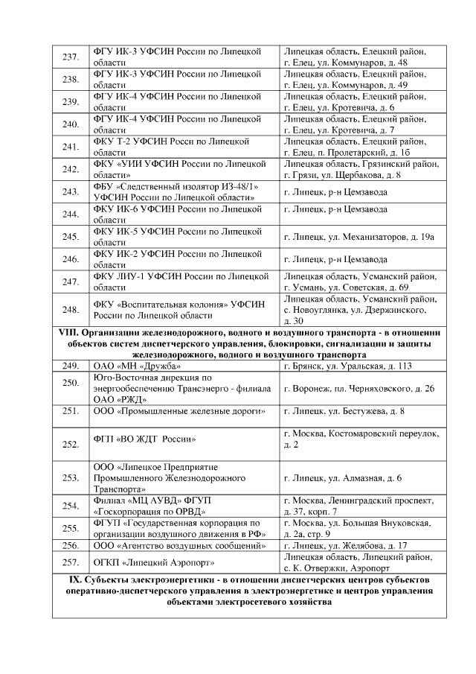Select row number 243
pos(71,191)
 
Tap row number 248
pos(71,309)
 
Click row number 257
pos(71,561)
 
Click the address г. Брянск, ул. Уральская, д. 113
pos(347,366)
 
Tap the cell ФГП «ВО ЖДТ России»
pos(145,439)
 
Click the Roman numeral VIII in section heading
pos(68,332)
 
